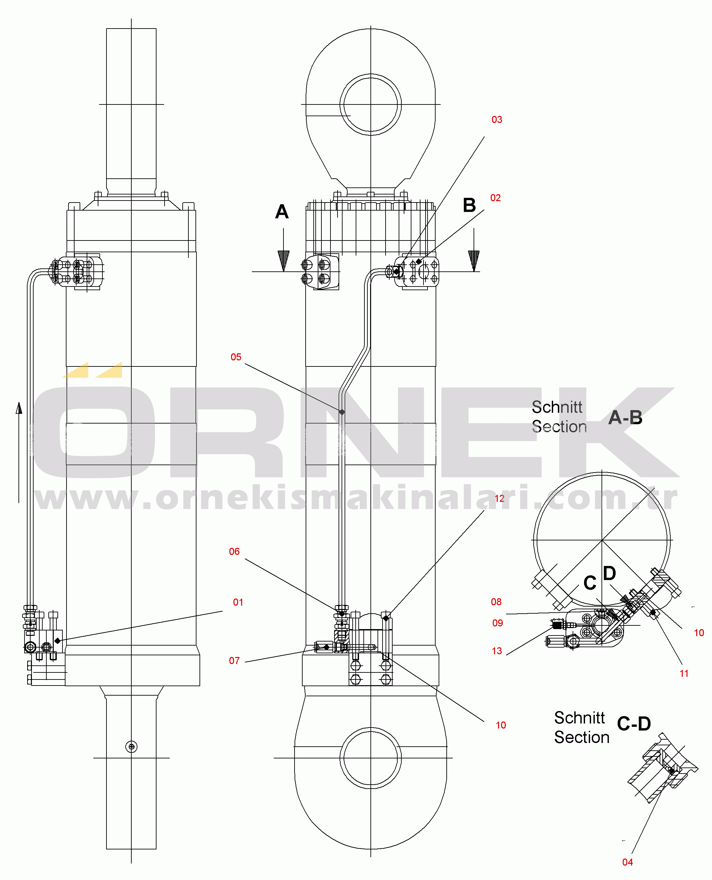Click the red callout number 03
coord(497,119)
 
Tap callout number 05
coord(236,357)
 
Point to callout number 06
coord(234,551)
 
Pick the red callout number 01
coord(238,602)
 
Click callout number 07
coord(234,660)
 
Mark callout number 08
coord(496,602)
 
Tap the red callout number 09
coord(497,623)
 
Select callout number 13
coord(497,651)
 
